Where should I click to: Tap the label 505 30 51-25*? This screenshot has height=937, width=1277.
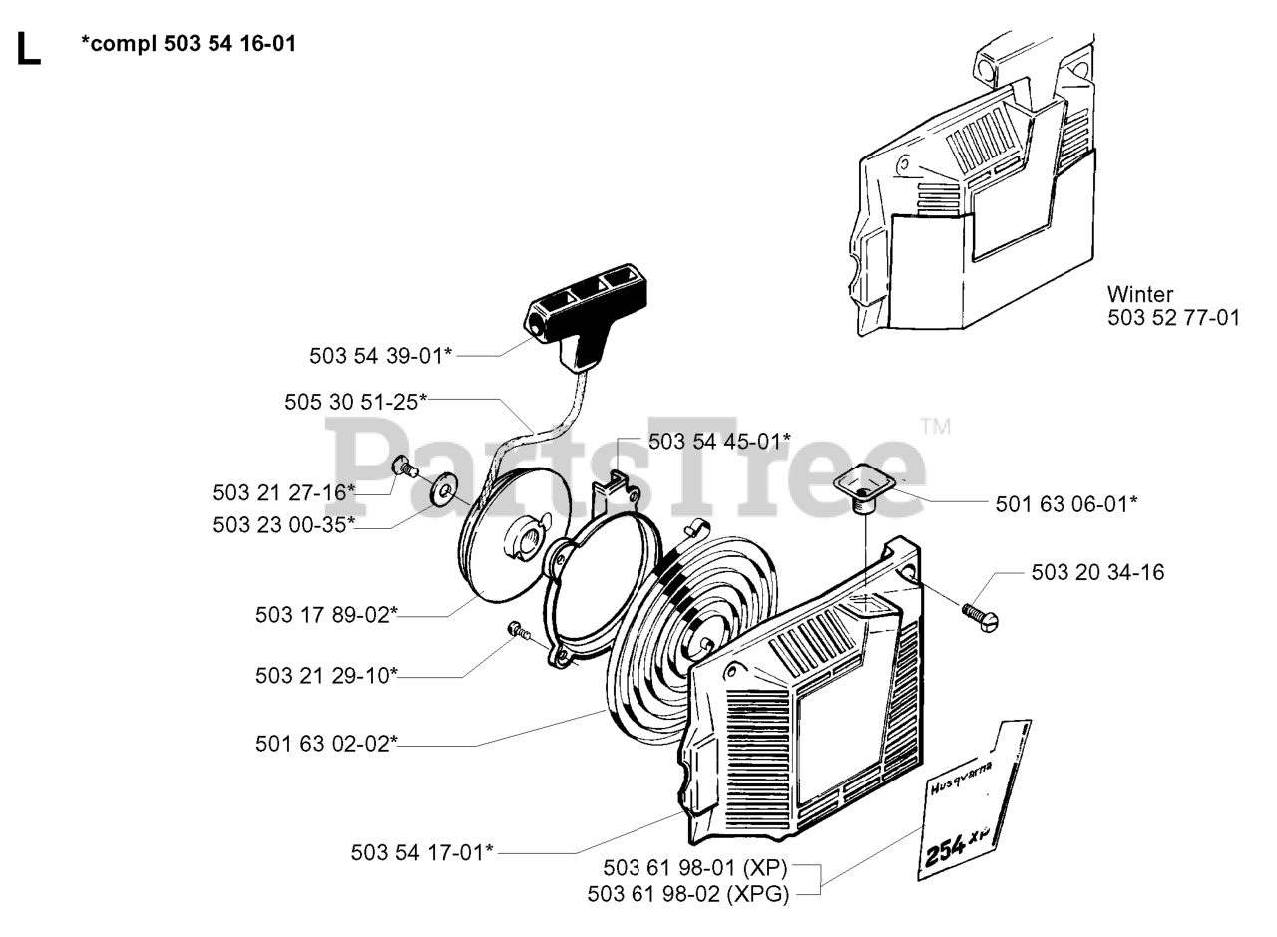355,401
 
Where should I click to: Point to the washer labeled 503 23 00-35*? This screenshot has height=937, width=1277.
440,489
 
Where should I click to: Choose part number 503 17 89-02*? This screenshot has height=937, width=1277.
326,615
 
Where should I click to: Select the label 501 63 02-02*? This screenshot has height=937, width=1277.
326,743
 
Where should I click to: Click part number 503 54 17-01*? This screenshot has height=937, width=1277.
422,852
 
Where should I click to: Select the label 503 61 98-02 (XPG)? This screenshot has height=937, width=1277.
688,894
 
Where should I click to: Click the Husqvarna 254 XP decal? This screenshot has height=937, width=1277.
973,802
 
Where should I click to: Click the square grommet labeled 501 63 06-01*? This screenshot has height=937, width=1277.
863,484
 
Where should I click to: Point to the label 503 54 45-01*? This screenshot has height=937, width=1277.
719,441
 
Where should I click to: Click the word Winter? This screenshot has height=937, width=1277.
1140,295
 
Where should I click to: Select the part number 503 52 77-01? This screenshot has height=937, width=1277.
1173,319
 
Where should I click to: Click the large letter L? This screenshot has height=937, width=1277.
28,50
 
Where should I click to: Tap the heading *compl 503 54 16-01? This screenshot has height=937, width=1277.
189,44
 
